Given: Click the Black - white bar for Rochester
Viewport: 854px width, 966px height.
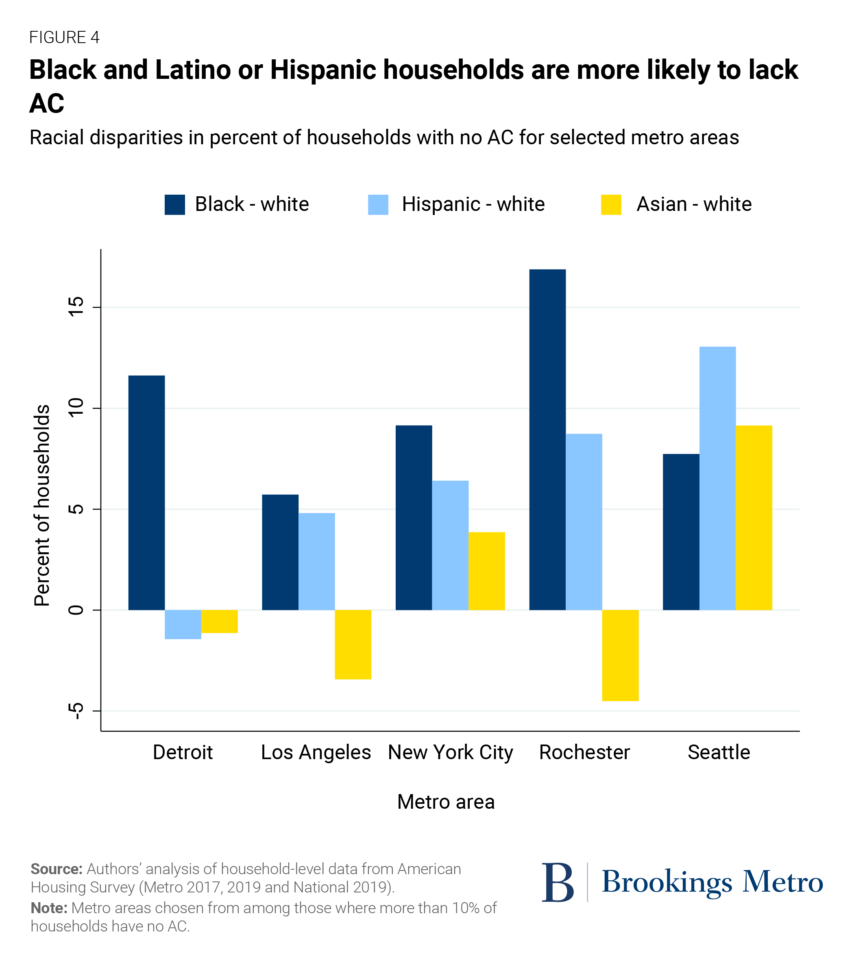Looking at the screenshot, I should click(547, 440).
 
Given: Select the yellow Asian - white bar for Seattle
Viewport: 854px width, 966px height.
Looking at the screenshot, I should click(754, 517).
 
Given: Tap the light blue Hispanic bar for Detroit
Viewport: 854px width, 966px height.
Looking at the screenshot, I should click(183, 624).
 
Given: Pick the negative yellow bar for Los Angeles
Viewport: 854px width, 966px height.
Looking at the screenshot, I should click(353, 644).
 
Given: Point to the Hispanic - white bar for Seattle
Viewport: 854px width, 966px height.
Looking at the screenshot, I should click(717, 478).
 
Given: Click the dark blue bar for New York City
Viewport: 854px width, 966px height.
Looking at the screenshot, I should click(414, 517).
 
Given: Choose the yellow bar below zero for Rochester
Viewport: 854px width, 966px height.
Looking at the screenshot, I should click(620, 655).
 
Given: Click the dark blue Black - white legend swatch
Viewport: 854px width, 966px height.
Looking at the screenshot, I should click(174, 205).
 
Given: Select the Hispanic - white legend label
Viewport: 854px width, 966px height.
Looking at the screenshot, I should click(473, 204).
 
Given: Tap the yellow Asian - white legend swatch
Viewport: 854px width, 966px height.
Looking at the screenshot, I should click(611, 205).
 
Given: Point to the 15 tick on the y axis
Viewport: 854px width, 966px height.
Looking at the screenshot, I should click(76, 307).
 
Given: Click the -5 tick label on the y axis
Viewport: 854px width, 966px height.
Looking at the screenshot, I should click(76, 711).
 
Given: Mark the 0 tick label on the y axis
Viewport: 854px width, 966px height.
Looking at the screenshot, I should click(76, 610).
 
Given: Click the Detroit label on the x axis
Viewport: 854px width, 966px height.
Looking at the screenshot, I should click(183, 752).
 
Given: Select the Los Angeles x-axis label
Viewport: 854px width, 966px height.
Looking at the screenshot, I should click(316, 752).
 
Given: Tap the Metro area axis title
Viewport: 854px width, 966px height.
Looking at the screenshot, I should click(445, 801).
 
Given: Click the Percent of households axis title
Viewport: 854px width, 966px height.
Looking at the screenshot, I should click(41, 505).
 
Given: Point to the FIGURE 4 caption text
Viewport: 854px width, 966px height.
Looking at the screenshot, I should click(64, 37).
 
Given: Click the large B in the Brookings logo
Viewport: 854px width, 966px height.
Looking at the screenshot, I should click(558, 882).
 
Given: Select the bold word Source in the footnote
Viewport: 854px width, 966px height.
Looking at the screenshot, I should click(56, 868).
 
